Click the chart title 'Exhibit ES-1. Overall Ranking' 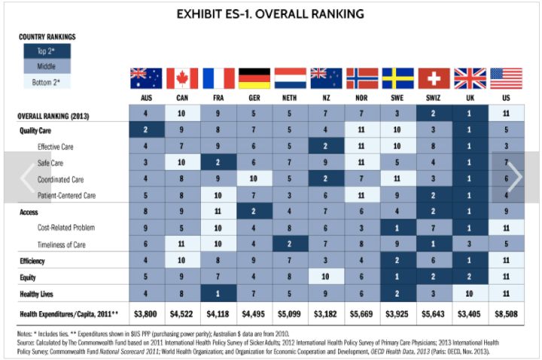click(269, 14)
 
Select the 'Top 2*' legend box click(47, 51)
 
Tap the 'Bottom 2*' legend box click(47, 82)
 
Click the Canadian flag click(181, 78)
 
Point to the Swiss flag click(434, 78)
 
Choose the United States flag click(506, 78)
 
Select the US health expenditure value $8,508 click(506, 312)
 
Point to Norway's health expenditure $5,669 click(362, 312)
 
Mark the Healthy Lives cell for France click(218, 293)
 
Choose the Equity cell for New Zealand click(326, 276)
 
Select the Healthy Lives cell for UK click(470, 293)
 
